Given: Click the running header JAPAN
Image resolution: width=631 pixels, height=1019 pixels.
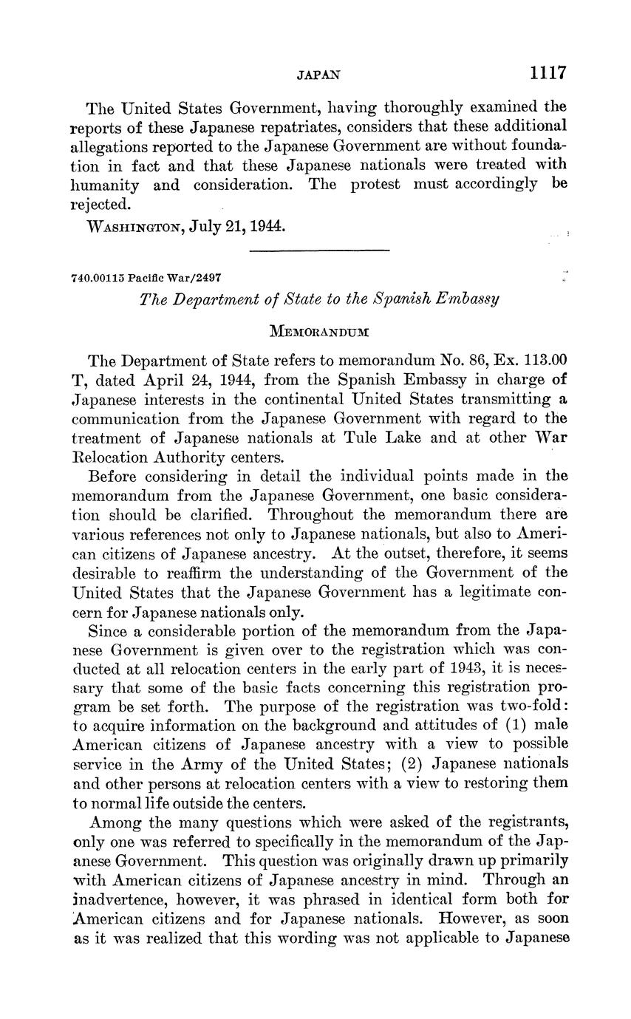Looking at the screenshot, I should click(x=318, y=75).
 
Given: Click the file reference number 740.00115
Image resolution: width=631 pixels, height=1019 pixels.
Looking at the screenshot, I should click(x=98, y=279).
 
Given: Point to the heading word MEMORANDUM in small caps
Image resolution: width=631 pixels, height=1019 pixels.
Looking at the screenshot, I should click(x=319, y=332).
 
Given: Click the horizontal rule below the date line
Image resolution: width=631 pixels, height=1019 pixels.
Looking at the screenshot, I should click(x=319, y=251).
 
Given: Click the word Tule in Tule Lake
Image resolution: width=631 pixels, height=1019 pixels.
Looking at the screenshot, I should click(x=360, y=437).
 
